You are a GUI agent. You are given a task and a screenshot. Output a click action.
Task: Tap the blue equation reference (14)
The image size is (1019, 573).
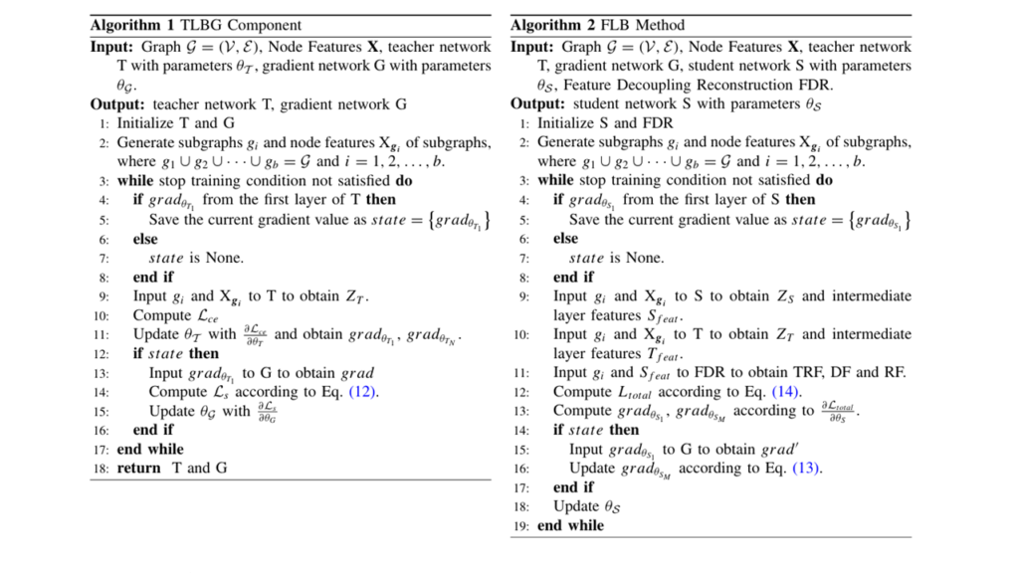pos(784,392)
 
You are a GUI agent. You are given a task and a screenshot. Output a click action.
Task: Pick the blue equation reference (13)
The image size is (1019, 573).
pos(807,469)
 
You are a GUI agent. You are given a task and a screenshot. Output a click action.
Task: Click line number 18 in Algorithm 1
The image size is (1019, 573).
pos(103,469)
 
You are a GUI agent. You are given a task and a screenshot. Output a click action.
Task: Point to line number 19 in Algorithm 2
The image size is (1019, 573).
pos(523,525)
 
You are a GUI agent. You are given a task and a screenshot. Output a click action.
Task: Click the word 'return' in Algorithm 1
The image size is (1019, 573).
pos(138,469)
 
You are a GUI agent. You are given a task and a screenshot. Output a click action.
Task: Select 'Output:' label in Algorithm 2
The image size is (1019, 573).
pos(539,104)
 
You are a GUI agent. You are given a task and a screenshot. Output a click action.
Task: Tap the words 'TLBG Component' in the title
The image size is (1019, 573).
pos(238,25)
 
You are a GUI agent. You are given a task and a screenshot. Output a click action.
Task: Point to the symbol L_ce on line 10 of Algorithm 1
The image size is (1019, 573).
pos(205,315)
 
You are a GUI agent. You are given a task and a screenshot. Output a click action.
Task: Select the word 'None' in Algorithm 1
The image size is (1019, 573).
pos(224,258)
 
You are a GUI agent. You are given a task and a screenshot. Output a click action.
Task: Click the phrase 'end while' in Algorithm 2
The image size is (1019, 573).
pos(570,525)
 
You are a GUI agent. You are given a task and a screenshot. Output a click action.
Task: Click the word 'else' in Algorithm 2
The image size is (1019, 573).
pos(566,239)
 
